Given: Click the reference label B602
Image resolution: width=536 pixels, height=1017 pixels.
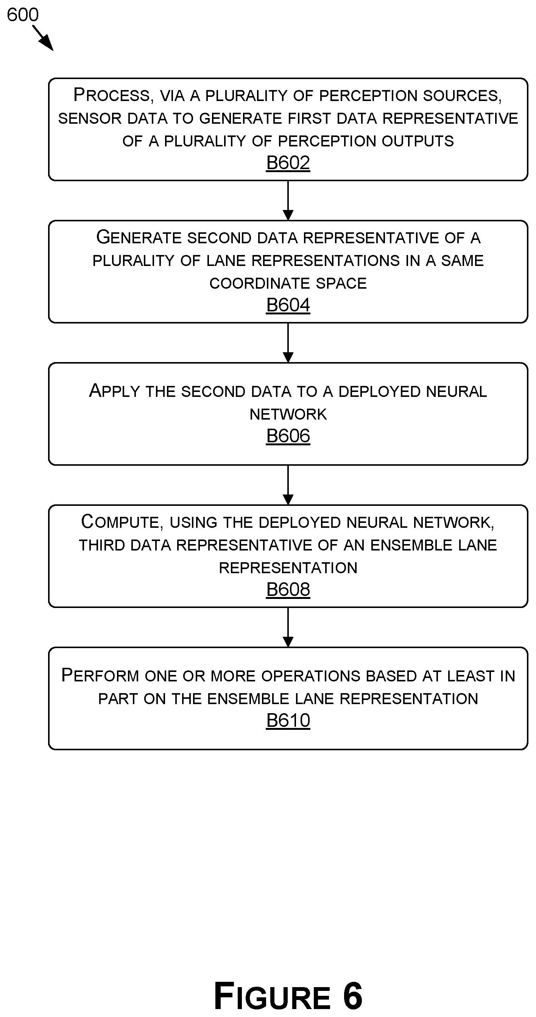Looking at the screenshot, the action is pyautogui.click(x=288, y=163).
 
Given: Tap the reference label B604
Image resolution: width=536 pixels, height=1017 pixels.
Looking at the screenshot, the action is pyautogui.click(x=288, y=305).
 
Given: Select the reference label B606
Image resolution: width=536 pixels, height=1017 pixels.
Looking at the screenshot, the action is pyautogui.click(x=288, y=436).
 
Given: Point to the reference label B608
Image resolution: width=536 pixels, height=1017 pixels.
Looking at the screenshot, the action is pyautogui.click(x=288, y=589).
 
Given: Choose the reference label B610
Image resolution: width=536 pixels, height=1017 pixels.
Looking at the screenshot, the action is pyautogui.click(x=288, y=720).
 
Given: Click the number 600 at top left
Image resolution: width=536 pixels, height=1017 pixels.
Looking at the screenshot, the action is pyautogui.click(x=22, y=15).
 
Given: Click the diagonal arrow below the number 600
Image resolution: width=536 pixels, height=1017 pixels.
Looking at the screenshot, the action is pyautogui.click(x=43, y=38).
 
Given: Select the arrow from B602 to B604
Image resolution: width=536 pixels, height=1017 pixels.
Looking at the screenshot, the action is pyautogui.click(x=288, y=201).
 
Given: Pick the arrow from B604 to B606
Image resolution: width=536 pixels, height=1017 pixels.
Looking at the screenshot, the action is pyautogui.click(x=288, y=343).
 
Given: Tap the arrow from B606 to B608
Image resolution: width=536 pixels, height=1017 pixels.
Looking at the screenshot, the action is pyautogui.click(x=288, y=485).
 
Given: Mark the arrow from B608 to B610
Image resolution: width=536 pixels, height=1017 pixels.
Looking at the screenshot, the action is pyautogui.click(x=288, y=627).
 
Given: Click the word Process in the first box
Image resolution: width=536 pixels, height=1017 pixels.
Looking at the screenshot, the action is pyautogui.click(x=112, y=95).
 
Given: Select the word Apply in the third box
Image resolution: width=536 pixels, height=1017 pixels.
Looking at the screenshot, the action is pyautogui.click(x=115, y=391).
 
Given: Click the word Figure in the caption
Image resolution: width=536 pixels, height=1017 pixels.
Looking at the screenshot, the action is pyautogui.click(x=272, y=996).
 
